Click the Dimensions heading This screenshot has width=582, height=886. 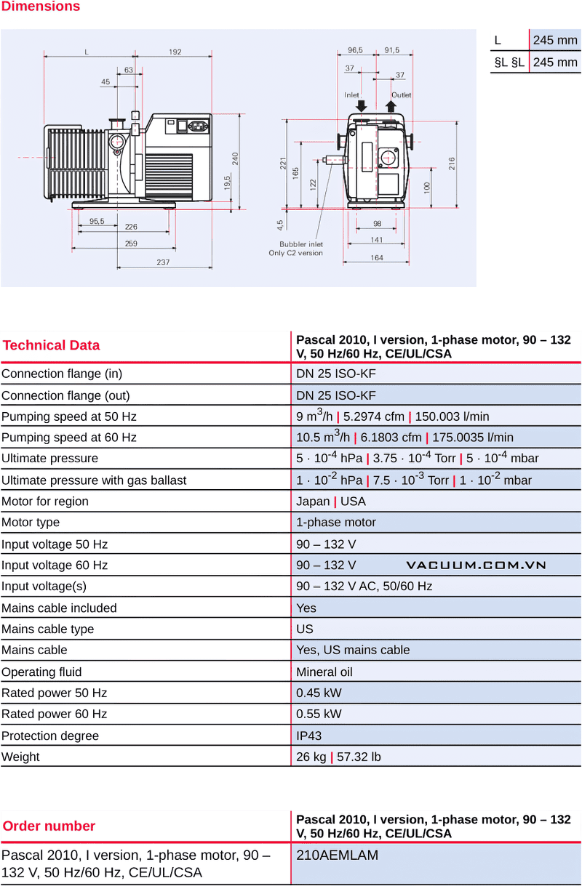coord(40,7)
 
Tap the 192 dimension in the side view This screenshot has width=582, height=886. coord(175,52)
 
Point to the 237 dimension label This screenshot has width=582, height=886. coord(163,262)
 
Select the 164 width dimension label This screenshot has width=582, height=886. coord(377,257)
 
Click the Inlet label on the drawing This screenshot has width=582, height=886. coord(352,95)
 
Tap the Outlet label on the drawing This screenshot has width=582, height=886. coord(401,95)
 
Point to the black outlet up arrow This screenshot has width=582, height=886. coord(391,106)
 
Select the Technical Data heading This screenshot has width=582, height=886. coord(51,345)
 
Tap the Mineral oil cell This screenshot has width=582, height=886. coord(324,672)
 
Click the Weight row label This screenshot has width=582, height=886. coord(20,757)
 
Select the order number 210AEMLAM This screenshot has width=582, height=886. coord(338,855)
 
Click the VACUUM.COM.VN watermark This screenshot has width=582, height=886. coord(477,565)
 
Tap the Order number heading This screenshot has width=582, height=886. coord(49,826)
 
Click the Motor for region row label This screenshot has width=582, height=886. coord(45,502)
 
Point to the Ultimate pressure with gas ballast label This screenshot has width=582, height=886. coord(94,480)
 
